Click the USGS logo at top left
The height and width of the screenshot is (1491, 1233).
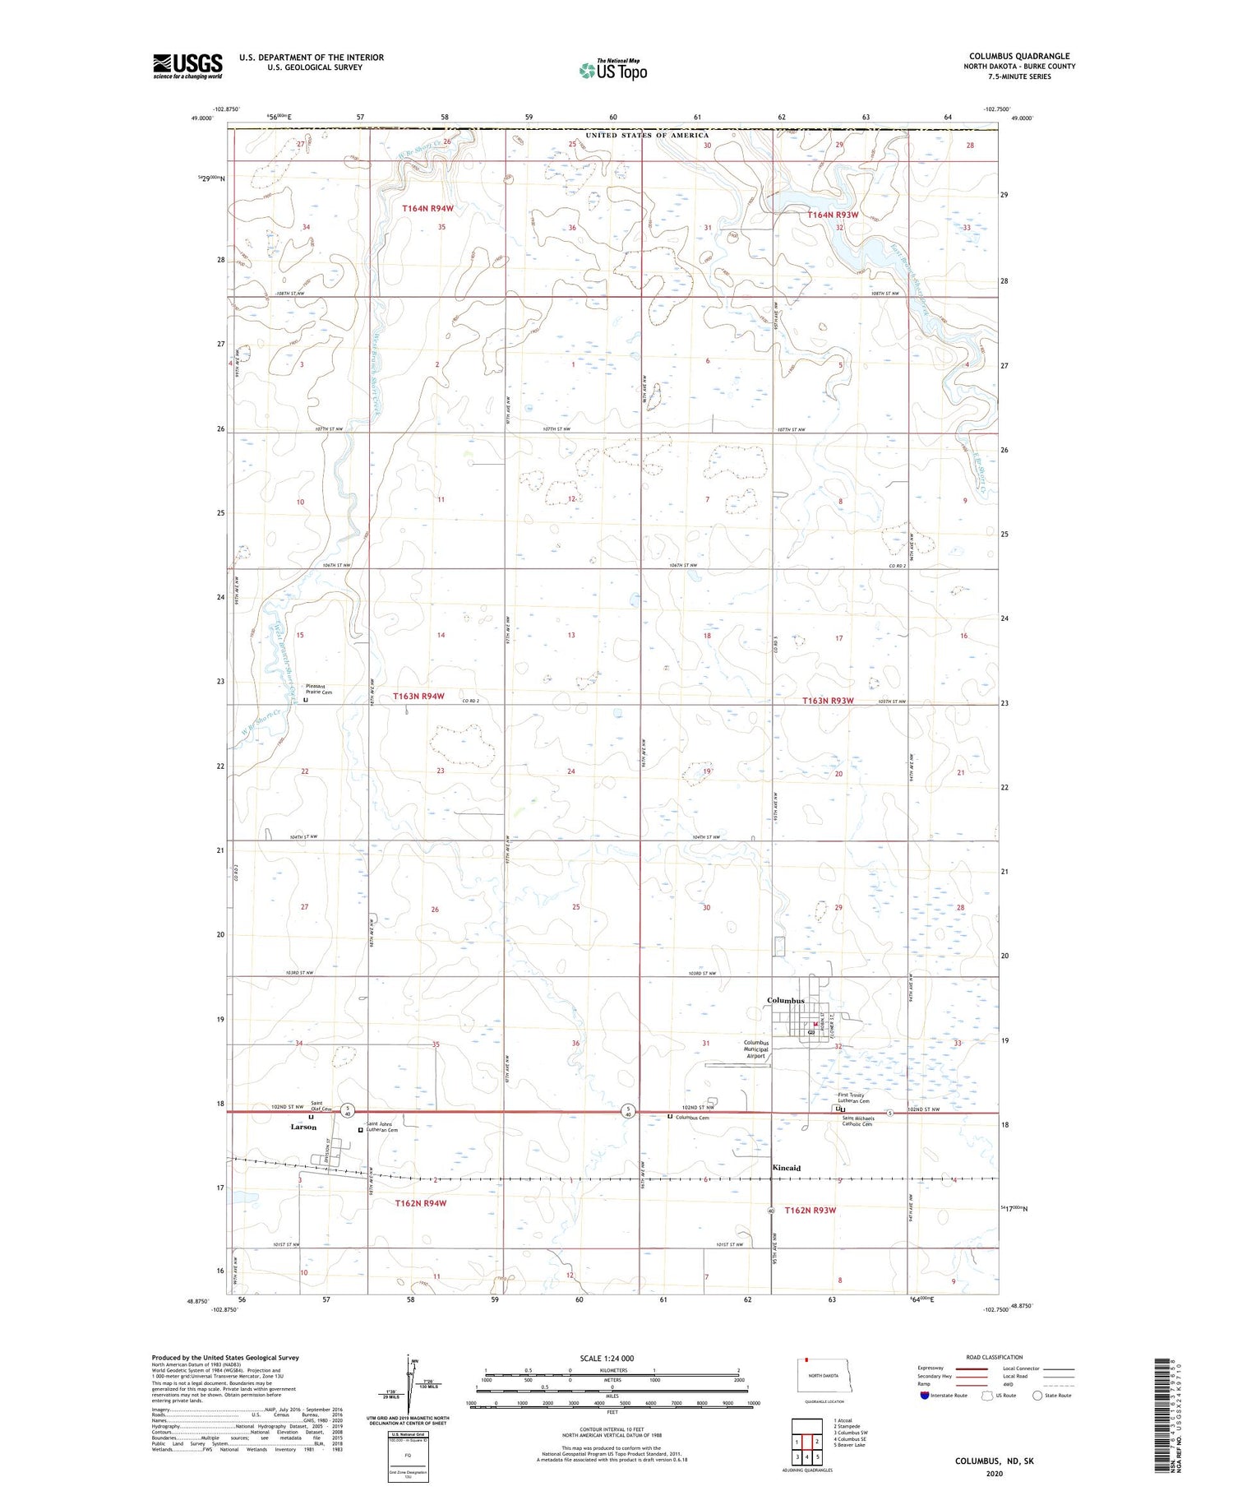[x=187, y=66]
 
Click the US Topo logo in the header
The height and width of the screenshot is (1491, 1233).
[x=613, y=70]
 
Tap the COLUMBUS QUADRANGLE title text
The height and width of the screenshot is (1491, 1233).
[x=1019, y=57]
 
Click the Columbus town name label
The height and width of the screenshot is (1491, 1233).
[x=785, y=1001]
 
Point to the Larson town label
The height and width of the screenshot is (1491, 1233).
[x=303, y=1128]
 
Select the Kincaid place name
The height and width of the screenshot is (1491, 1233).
[x=786, y=1168]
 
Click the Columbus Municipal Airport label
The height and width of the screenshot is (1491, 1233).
[x=755, y=1049]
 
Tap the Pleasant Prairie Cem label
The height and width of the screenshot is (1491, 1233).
[x=319, y=689]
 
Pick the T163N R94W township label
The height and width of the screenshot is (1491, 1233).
[x=418, y=697]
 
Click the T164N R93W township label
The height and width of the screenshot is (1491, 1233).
[x=833, y=215]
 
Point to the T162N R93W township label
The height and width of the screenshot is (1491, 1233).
[x=810, y=1211]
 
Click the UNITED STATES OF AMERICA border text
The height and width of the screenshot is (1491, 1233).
[x=646, y=135]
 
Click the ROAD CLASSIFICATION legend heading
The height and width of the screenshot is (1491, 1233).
[x=995, y=1358]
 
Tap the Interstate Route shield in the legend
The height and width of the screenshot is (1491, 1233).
[x=924, y=1396]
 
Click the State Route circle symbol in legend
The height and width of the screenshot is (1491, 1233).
[x=1037, y=1396]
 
